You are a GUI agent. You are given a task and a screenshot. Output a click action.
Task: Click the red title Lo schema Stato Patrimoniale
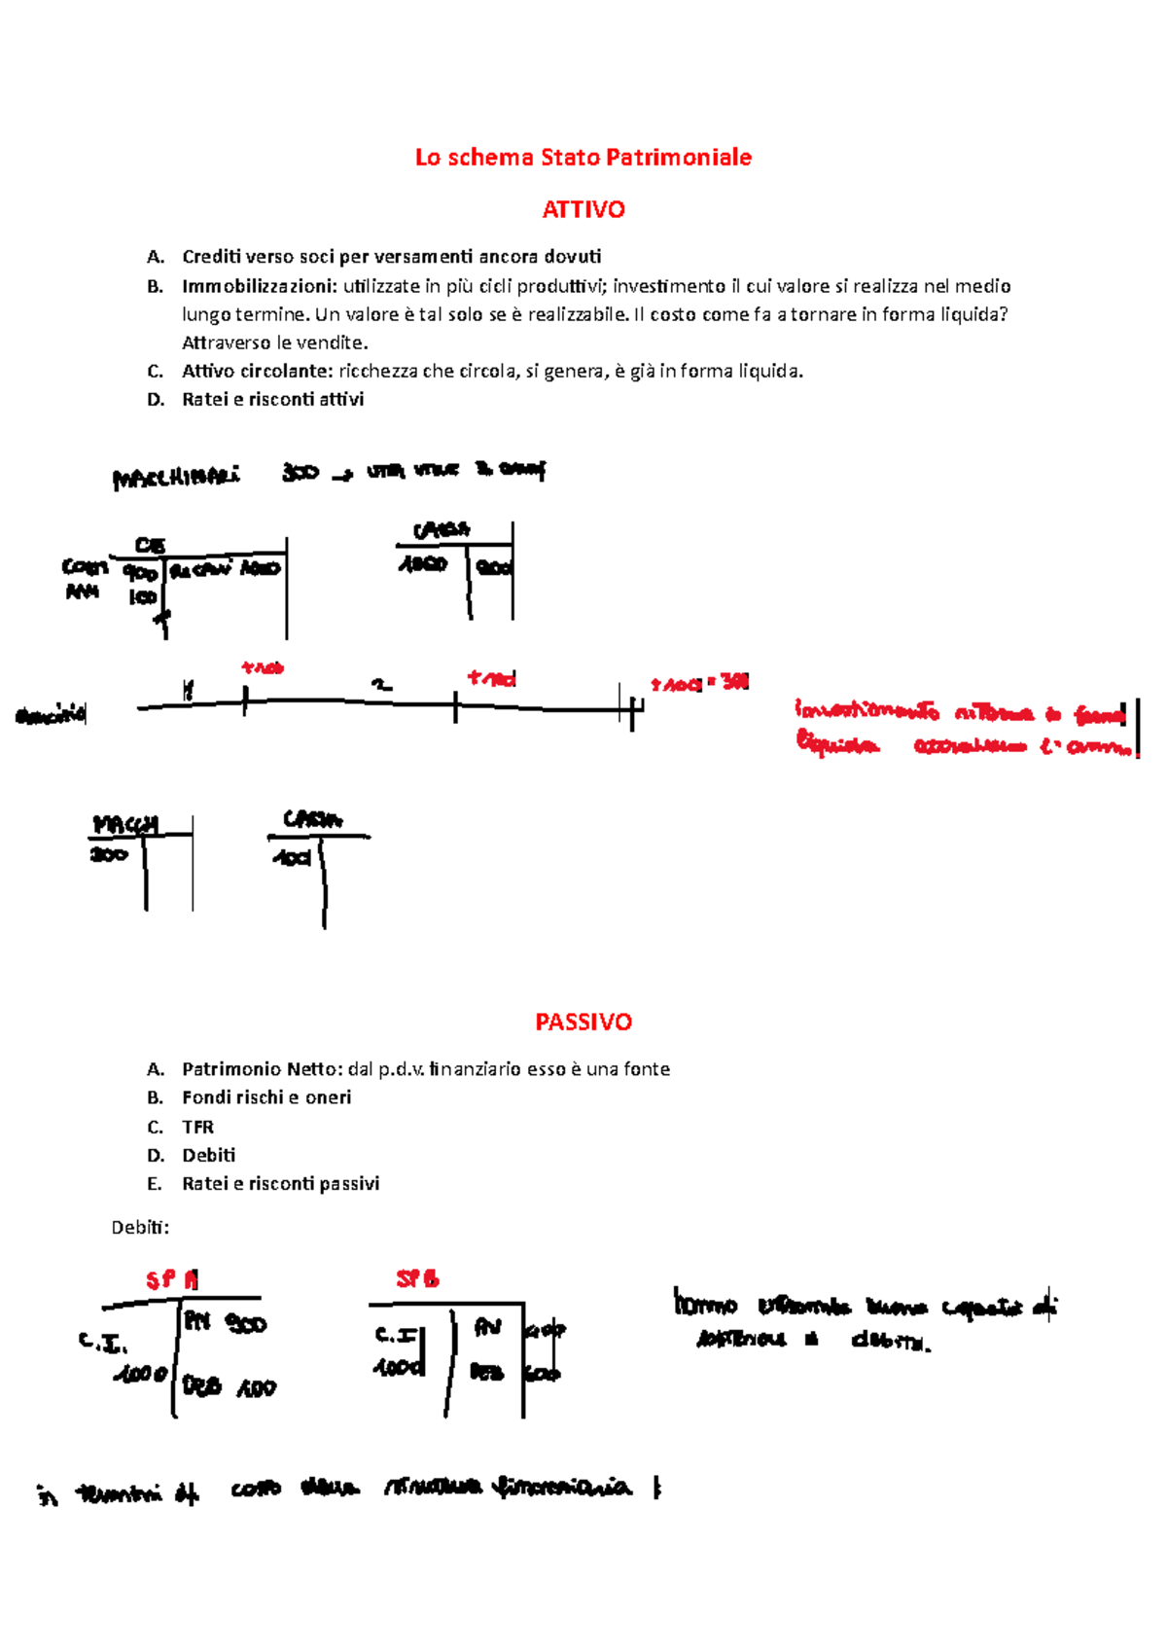pyautogui.click(x=583, y=158)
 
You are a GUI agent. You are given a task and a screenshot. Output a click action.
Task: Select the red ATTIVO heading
pyautogui.click(x=583, y=209)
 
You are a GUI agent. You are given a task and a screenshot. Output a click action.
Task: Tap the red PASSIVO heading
pyautogui.click(x=583, y=1022)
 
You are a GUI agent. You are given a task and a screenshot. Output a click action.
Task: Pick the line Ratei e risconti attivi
pyautogui.click(x=272, y=399)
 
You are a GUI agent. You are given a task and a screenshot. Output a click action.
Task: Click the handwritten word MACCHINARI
pyautogui.click(x=175, y=478)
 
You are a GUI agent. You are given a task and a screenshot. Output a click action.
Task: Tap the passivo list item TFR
pyautogui.click(x=197, y=1127)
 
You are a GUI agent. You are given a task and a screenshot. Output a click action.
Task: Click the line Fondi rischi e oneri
pyautogui.click(x=266, y=1097)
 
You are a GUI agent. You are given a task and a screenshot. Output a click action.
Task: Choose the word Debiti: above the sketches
pyautogui.click(x=140, y=1228)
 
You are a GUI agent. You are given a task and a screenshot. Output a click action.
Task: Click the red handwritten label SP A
pyautogui.click(x=172, y=1279)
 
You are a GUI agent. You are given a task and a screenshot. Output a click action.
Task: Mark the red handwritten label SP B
pyautogui.click(x=417, y=1279)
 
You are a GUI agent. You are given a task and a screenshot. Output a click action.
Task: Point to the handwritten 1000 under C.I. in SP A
pyautogui.click(x=142, y=1375)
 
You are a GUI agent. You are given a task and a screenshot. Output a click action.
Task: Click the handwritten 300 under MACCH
pyautogui.click(x=109, y=854)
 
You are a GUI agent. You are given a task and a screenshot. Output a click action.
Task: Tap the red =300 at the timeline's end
pyautogui.click(x=730, y=682)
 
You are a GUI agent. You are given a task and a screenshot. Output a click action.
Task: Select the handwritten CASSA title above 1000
pyautogui.click(x=442, y=530)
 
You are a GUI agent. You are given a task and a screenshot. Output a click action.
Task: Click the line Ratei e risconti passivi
pyautogui.click(x=280, y=1184)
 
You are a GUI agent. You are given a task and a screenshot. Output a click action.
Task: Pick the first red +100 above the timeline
pyautogui.click(x=263, y=667)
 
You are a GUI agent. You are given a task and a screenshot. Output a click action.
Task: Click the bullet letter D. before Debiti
pyautogui.click(x=156, y=1156)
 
